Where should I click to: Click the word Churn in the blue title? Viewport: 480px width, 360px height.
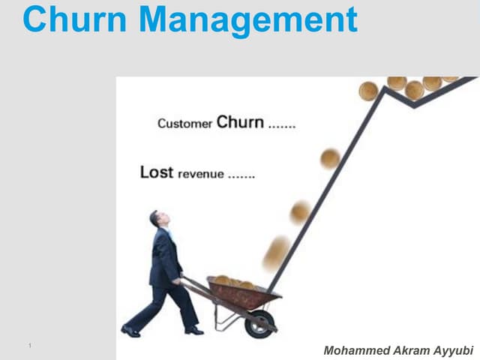[75, 19]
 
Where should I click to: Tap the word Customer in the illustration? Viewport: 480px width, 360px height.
[184, 124]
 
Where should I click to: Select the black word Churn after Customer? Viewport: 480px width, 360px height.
[240, 121]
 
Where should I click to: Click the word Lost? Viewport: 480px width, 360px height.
[157, 172]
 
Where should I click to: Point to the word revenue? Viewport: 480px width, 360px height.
[201, 174]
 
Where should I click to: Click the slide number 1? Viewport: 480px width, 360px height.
[30, 346]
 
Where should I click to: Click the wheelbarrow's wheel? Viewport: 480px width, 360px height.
[260, 325]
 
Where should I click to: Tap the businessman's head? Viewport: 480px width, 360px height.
[159, 218]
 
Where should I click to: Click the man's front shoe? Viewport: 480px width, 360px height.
[194, 330]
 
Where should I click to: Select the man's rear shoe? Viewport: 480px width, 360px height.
[130, 331]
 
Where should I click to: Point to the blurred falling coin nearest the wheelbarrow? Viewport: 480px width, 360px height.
[277, 253]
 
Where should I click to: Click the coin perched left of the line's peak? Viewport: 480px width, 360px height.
[368, 91]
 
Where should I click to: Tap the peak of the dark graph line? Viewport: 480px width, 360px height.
[384, 88]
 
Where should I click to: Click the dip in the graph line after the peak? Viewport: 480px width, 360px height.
[414, 106]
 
